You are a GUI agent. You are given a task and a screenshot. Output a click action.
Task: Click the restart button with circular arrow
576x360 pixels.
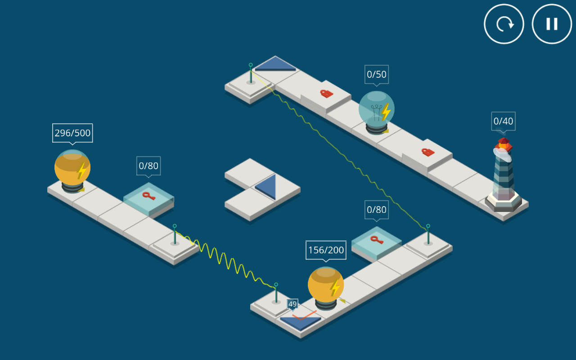(504, 24)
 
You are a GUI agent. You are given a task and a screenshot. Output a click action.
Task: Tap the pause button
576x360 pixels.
(552, 24)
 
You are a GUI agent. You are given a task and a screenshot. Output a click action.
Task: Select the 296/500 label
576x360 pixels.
(72, 133)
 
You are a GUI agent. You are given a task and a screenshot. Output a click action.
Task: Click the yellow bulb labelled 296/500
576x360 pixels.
(72, 167)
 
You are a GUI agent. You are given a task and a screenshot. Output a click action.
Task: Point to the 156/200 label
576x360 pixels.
(326, 250)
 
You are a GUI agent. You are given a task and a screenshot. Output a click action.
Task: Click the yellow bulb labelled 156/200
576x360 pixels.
(325, 284)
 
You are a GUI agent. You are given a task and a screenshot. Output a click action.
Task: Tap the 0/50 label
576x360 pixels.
(377, 74)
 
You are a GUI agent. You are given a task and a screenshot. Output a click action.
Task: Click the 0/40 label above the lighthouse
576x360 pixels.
(503, 121)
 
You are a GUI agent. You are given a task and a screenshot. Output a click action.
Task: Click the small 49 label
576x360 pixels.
(292, 304)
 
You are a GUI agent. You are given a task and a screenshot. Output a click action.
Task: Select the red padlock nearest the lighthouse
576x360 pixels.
(427, 152)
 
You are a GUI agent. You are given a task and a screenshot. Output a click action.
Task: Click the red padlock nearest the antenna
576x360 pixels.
(326, 94)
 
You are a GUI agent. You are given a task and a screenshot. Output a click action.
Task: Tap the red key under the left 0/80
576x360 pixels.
(148, 196)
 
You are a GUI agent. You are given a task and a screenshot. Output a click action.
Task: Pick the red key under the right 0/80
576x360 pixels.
(376, 239)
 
